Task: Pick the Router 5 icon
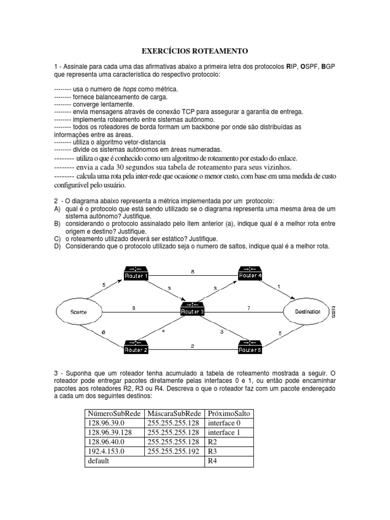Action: click(250, 347)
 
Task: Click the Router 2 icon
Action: click(136, 347)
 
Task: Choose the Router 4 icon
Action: click(250, 273)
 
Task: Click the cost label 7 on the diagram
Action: click(248, 308)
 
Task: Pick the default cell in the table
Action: click(99, 461)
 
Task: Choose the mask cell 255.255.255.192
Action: click(173, 451)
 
